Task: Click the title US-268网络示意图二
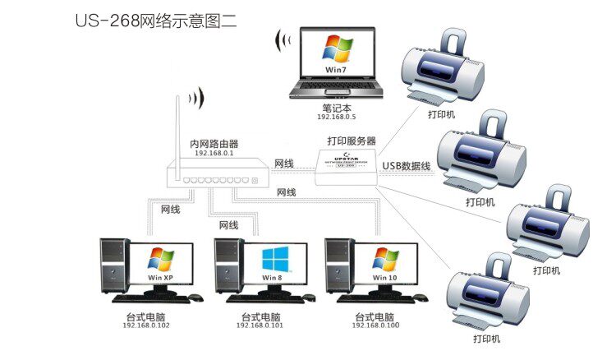click(x=156, y=20)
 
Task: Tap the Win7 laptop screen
click(x=335, y=55)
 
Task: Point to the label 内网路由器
click(x=214, y=143)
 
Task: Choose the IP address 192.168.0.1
click(x=214, y=153)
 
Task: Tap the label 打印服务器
click(x=351, y=141)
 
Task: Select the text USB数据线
click(x=406, y=167)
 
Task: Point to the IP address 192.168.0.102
click(x=145, y=325)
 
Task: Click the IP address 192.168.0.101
click(x=259, y=325)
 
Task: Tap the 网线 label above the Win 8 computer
click(x=228, y=224)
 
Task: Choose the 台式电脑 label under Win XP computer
click(x=145, y=316)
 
